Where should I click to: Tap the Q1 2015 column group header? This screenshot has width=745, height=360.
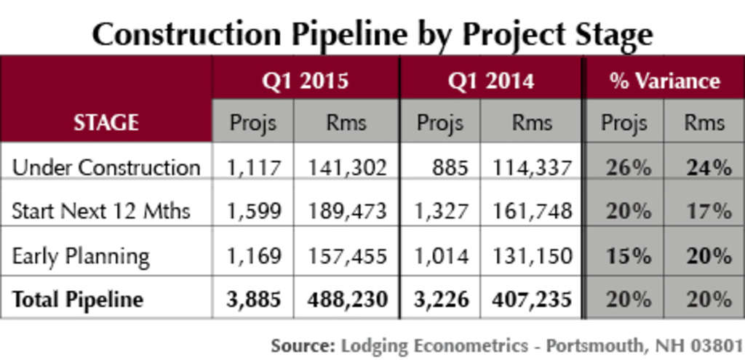click(306, 81)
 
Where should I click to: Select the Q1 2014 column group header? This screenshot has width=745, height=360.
click(491, 81)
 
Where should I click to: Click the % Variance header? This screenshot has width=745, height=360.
click(664, 81)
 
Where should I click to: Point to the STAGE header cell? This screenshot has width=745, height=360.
click(106, 122)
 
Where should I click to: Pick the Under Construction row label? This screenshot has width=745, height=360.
click(106, 168)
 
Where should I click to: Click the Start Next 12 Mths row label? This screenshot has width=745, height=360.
click(101, 212)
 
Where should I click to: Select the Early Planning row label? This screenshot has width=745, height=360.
click(81, 256)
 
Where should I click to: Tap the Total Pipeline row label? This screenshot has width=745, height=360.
click(78, 300)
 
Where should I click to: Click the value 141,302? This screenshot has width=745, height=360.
click(346, 168)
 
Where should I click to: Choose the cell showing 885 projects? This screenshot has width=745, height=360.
click(448, 168)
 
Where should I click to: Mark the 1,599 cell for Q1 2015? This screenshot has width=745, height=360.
click(253, 212)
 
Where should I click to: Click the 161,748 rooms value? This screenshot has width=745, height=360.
click(532, 212)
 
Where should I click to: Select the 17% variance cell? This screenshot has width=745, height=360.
click(708, 212)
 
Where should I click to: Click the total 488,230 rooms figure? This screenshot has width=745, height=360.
click(346, 300)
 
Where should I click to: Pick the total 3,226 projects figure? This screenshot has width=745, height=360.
click(439, 300)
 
